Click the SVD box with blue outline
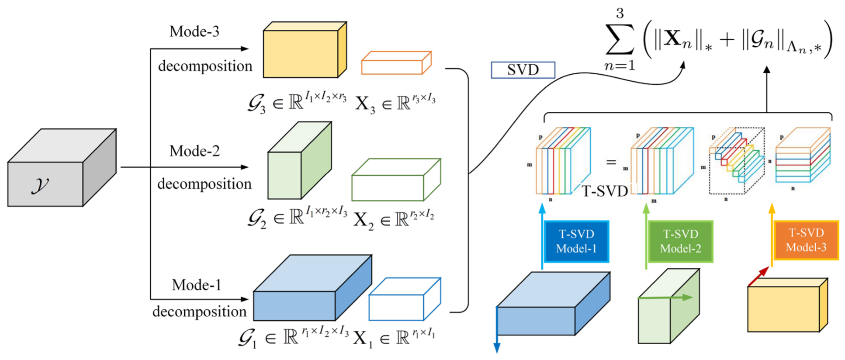tap(523, 70)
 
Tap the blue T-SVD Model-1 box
tap(576, 242)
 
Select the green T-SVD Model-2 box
tap(680, 242)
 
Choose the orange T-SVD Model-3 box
tap(806, 240)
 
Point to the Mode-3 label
tap(194, 31)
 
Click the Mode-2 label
tap(194, 151)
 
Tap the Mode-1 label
tap(196, 285)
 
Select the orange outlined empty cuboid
tap(396, 63)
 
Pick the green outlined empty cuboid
tap(395, 180)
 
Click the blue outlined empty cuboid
tap(404, 299)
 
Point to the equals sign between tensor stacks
tap(611, 162)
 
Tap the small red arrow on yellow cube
tap(758, 276)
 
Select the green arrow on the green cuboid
tap(666, 298)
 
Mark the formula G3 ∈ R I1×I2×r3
tap(297, 103)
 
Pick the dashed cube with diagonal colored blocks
tap(736, 160)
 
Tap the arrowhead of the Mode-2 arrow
tap(245, 167)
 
